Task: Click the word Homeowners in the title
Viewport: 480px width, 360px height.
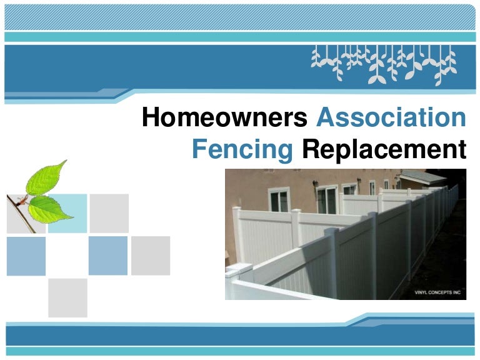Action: (x=225, y=117)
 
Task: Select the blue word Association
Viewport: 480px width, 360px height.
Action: (x=391, y=117)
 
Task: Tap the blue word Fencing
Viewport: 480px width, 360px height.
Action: (x=242, y=150)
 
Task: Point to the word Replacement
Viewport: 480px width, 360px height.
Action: (x=384, y=150)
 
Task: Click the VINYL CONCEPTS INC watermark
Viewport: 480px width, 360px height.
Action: (x=437, y=292)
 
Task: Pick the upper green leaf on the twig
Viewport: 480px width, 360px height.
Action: (x=46, y=177)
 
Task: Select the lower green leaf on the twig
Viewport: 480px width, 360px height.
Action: (x=49, y=209)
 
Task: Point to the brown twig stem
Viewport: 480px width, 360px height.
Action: (x=21, y=214)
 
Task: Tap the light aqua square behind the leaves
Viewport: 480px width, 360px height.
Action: (x=67, y=213)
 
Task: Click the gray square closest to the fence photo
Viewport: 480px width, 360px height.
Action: (x=151, y=256)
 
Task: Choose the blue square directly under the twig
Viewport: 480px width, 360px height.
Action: (x=26, y=256)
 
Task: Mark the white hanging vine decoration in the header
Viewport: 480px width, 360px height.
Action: (x=384, y=65)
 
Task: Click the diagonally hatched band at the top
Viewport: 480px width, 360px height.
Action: (x=240, y=17)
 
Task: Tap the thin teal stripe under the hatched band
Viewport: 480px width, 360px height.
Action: (x=240, y=37)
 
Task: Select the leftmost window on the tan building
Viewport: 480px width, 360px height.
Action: (x=279, y=199)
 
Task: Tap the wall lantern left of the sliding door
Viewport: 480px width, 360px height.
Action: (x=315, y=184)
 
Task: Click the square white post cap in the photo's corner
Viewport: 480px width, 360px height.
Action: (x=239, y=269)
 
